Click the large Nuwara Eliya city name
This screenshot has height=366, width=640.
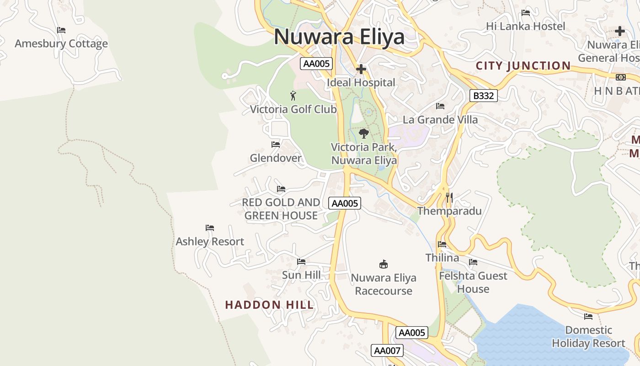[x=339, y=37]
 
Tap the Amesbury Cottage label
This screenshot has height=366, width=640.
[x=61, y=44]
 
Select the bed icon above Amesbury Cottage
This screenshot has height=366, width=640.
[x=61, y=30]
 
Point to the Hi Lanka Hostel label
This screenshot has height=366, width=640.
[x=525, y=27]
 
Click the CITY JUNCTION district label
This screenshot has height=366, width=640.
[x=523, y=66]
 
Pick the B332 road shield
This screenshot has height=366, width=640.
[x=483, y=96]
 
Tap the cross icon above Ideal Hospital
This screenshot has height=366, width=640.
[x=361, y=69]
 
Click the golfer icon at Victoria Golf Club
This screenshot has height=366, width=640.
[x=293, y=96]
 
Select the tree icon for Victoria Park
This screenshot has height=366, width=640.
[x=364, y=134]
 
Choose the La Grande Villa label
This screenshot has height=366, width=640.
[x=440, y=120]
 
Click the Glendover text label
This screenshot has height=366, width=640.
[x=276, y=158]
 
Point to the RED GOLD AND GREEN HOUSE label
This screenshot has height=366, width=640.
[x=281, y=209]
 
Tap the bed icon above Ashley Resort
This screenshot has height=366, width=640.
[x=210, y=228]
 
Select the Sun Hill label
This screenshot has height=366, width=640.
[x=301, y=275]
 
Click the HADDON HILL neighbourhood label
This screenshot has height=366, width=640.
[x=269, y=305]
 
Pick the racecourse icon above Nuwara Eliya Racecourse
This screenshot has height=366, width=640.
[x=384, y=264]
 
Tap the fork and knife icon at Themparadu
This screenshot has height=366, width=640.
[x=449, y=198]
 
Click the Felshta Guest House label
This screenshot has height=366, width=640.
[x=473, y=282]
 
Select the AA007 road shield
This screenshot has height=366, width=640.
[x=387, y=351]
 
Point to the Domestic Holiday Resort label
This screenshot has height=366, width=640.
[x=588, y=337]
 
